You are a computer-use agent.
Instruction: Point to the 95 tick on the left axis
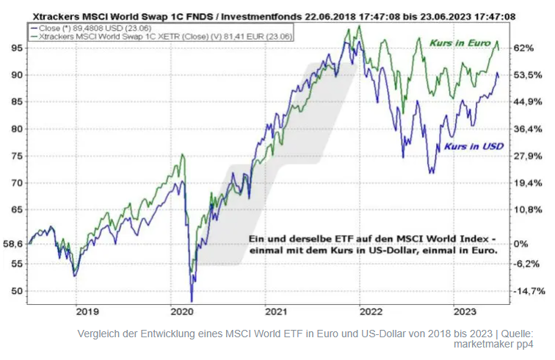click(14, 48)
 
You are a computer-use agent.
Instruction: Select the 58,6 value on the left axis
click(12, 244)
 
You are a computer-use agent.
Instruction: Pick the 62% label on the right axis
click(524, 48)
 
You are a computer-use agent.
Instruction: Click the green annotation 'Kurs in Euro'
click(460, 44)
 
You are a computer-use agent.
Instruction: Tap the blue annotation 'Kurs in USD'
click(474, 146)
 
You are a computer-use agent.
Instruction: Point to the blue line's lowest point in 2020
click(191, 300)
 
